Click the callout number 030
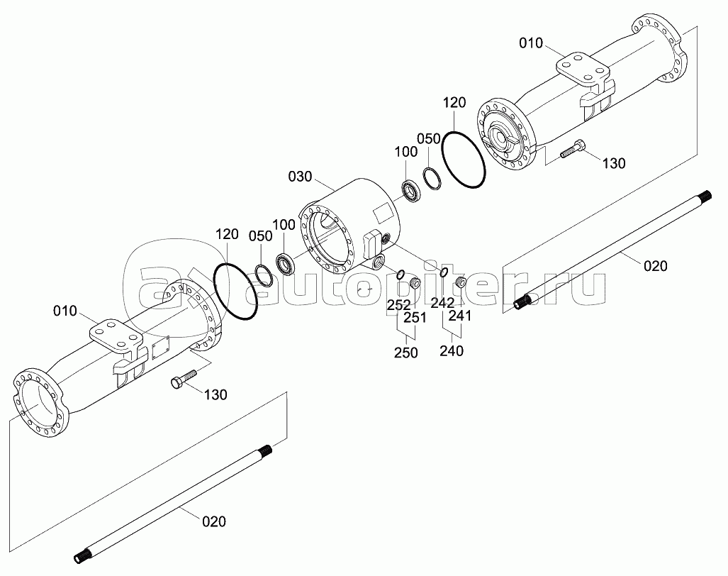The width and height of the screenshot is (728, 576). tap(300, 177)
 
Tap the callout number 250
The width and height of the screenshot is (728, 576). tap(406, 353)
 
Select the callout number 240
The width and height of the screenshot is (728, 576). tap(452, 350)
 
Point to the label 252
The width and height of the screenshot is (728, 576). tap(400, 305)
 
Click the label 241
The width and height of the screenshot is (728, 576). tap(459, 316)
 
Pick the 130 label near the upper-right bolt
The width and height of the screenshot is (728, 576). tap(614, 163)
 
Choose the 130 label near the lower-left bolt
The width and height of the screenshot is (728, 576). tap(215, 395)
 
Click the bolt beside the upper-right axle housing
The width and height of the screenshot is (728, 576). tap(573, 148)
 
